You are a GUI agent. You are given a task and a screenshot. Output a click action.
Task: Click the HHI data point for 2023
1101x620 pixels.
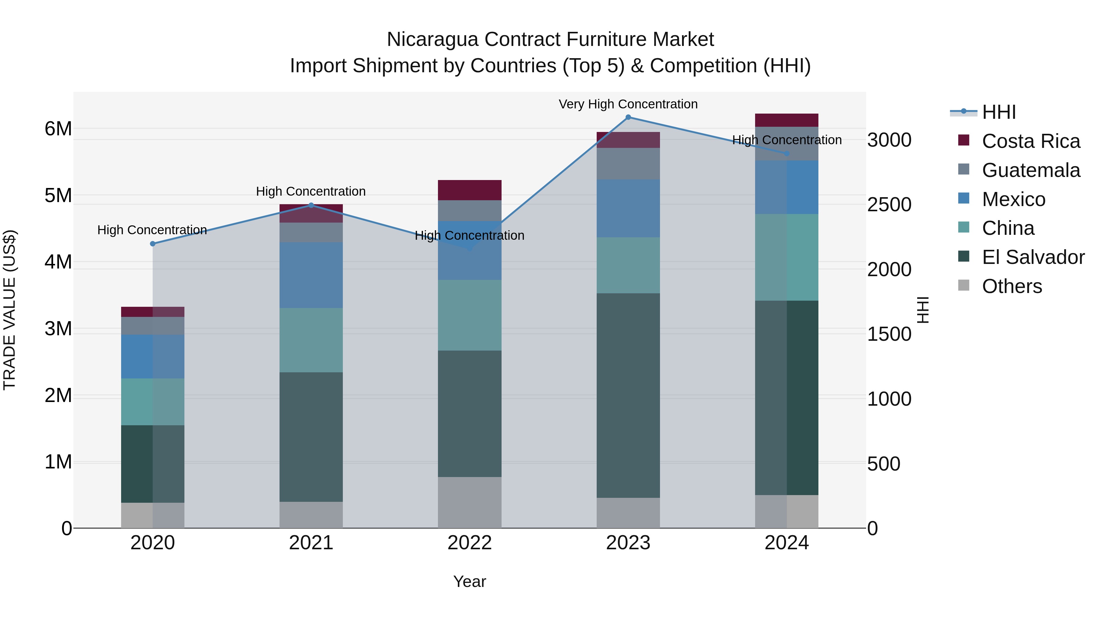pos(628,117)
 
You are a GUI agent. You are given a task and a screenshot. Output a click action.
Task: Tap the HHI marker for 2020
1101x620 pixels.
pos(153,244)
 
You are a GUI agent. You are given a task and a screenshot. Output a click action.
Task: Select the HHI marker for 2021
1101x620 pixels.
pos(311,205)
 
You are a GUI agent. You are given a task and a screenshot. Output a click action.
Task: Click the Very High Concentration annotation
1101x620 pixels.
pos(628,104)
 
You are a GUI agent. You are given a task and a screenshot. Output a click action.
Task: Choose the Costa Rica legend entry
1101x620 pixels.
pos(1030,141)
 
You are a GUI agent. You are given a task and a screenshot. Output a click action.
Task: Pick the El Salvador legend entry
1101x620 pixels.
pos(1032,257)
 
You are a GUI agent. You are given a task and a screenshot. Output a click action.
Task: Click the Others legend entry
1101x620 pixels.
pos(1012,286)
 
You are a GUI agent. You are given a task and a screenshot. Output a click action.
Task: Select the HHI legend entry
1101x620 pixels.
pos(999,112)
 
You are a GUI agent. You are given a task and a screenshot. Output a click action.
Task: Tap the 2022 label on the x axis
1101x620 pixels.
pos(469,543)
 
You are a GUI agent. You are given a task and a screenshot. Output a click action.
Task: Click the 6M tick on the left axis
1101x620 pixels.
pos(58,129)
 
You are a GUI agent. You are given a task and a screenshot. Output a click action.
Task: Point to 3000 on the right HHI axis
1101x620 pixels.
pos(889,140)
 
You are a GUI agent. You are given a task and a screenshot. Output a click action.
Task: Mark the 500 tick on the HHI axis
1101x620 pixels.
pos(884,464)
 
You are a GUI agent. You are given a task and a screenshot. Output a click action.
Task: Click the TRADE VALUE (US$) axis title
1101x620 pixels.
pos(10,310)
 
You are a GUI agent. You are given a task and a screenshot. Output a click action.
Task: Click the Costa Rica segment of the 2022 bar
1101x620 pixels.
pos(469,190)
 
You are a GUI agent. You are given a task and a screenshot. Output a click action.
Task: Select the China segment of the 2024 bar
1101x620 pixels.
pos(786,257)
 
